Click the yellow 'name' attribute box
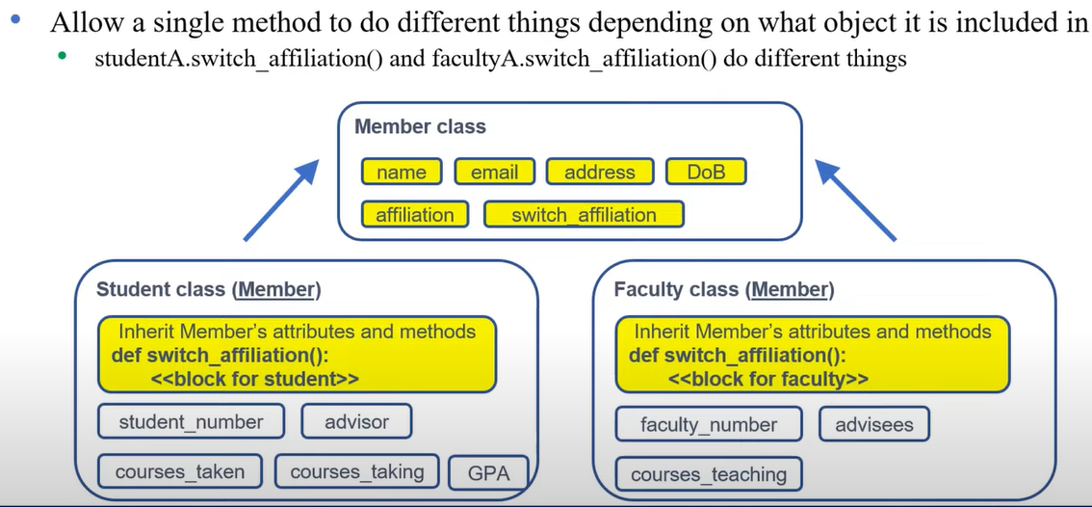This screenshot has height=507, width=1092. tap(402, 173)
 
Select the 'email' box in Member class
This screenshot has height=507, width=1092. tap(494, 173)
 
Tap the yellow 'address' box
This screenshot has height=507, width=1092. tap(599, 173)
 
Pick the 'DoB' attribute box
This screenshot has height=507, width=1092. tap(706, 173)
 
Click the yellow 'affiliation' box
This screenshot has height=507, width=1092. tap(414, 214)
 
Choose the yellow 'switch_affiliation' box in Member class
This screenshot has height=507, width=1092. tap(584, 214)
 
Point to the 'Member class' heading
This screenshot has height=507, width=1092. tap(420, 126)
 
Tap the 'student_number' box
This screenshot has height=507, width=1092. tap(191, 421)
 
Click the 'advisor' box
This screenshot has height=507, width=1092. tap(356, 421)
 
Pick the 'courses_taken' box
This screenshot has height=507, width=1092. tap(180, 471)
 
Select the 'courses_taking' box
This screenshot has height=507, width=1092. tap(356, 471)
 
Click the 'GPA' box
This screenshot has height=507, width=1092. tap(488, 472)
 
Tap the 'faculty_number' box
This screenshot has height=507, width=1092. tap(709, 424)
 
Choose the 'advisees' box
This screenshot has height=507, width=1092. tap(874, 424)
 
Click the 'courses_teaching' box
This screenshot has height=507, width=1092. tap(709, 474)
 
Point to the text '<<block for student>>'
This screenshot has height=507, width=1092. tap(254, 379)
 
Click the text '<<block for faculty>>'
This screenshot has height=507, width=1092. tap(767, 379)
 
